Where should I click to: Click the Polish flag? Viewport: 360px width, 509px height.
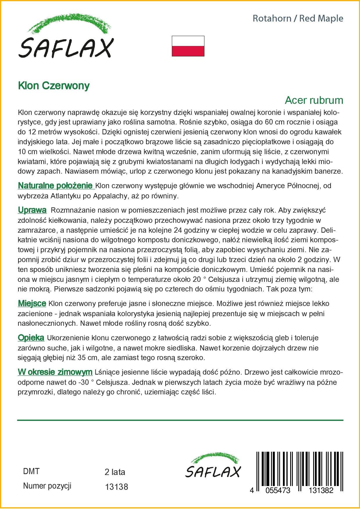click(x=188, y=46)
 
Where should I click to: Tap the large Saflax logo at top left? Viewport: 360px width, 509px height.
click(x=66, y=38)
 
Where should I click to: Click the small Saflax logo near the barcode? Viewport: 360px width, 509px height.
click(x=213, y=465)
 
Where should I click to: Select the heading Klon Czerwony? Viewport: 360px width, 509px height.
click(x=54, y=86)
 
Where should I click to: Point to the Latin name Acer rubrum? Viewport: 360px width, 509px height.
click(x=314, y=100)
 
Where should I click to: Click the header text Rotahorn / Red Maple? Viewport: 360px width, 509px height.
click(x=298, y=19)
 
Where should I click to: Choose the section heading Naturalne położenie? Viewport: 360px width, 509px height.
click(x=55, y=186)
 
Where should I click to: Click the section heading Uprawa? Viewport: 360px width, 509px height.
click(x=32, y=210)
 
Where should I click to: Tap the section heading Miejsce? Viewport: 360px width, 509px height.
click(x=32, y=304)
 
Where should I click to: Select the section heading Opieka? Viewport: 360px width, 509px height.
click(x=31, y=338)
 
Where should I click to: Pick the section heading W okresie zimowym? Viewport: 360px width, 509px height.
click(x=55, y=372)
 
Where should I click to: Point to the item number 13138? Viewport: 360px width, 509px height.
click(x=116, y=487)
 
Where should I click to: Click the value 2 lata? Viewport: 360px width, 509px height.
click(x=115, y=472)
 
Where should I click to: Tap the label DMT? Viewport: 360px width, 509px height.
click(x=31, y=471)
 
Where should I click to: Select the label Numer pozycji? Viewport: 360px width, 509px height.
click(x=47, y=486)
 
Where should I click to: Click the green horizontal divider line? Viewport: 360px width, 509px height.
click(x=180, y=420)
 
